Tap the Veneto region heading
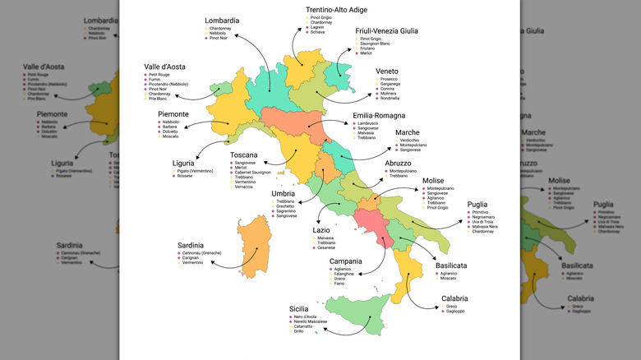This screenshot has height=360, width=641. click(x=387, y=72)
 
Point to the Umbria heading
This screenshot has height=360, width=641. click(x=284, y=194)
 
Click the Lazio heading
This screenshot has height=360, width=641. click(x=321, y=230)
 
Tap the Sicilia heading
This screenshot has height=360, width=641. click(x=303, y=309)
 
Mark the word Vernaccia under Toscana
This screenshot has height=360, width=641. click(x=244, y=187)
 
